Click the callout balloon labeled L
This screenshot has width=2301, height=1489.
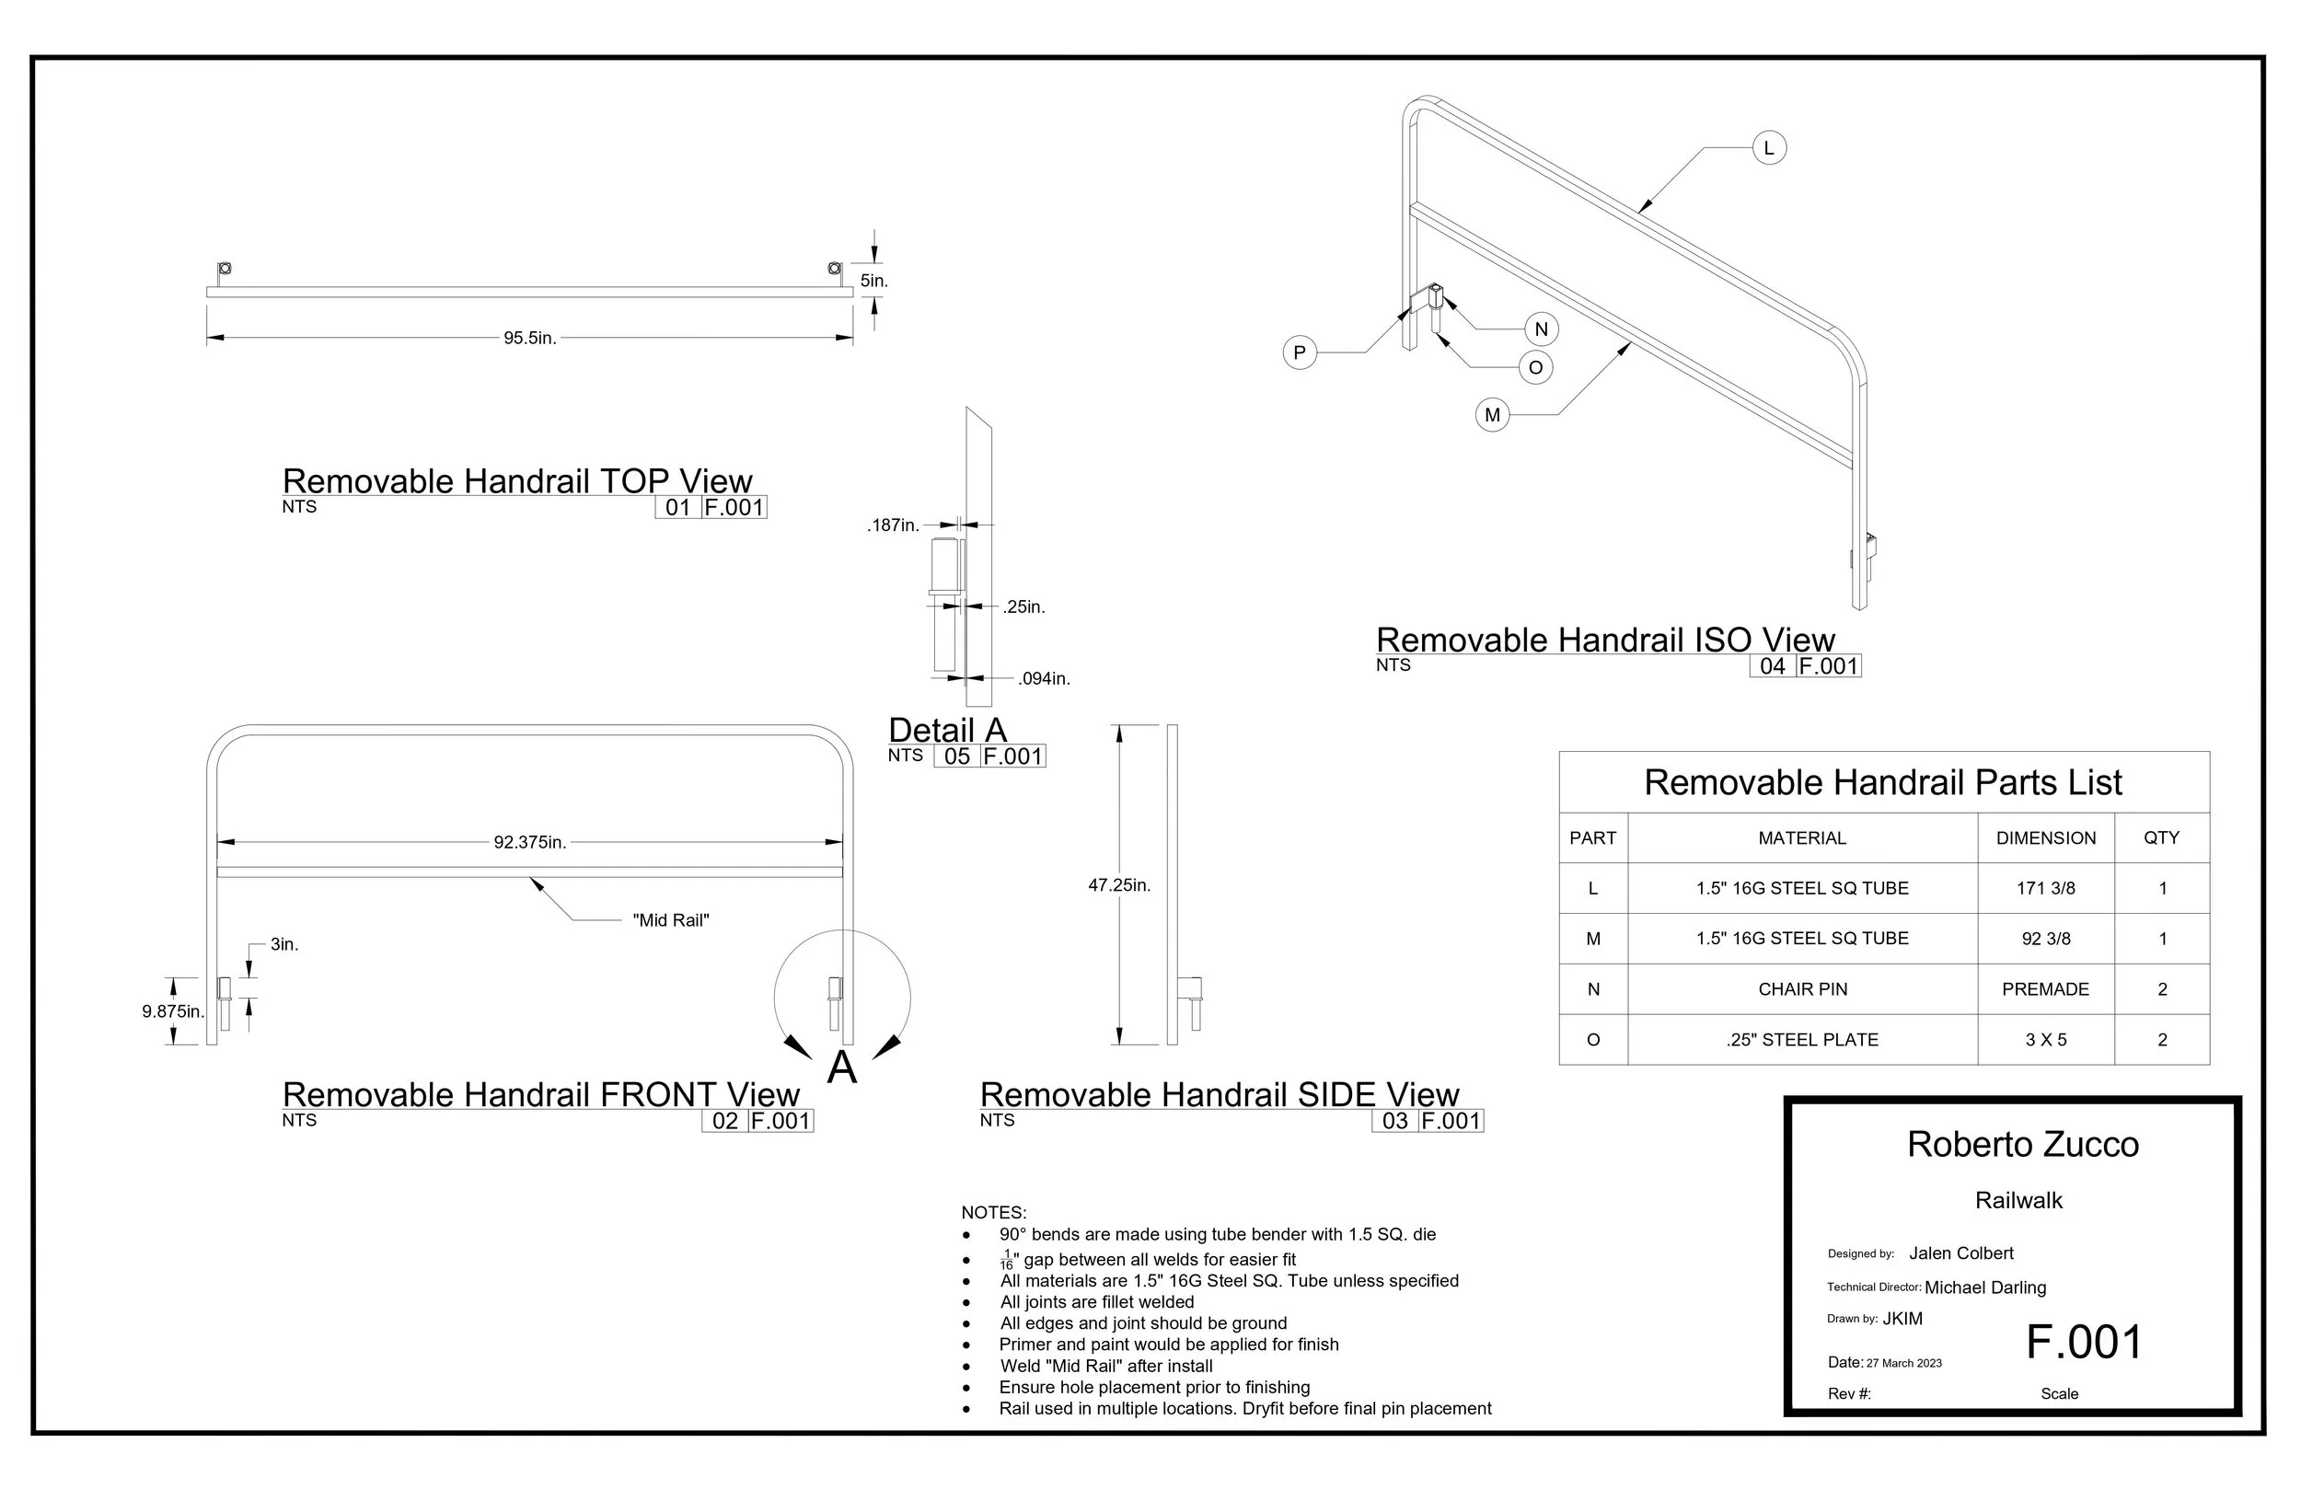[x=1769, y=148]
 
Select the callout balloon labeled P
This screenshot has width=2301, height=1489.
[x=1300, y=352]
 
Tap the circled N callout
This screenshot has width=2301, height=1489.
[x=1541, y=329]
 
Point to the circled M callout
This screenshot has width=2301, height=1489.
[x=1493, y=415]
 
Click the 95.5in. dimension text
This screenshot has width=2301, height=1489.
[x=530, y=339]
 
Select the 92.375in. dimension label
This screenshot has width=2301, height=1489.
[x=530, y=842]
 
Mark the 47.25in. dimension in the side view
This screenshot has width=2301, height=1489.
[x=1119, y=884]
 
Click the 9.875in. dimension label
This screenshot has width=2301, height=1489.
[x=173, y=1011]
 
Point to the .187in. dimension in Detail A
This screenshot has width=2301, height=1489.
[x=894, y=525]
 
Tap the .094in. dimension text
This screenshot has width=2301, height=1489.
[x=1044, y=679]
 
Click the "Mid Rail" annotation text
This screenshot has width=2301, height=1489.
[x=671, y=920]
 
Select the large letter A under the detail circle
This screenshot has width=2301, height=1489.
[x=842, y=1068]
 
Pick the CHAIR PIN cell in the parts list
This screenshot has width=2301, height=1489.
[x=1802, y=989]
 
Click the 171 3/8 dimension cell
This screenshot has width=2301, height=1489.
[x=2046, y=889]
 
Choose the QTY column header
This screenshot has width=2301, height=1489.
[x=2162, y=838]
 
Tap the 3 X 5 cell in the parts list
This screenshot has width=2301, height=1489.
[x=2046, y=1039]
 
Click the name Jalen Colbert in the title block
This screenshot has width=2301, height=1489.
[x=1961, y=1253]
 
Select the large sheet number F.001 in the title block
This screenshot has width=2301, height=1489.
[x=2085, y=1342]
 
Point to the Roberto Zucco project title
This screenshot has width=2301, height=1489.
[x=2024, y=1145]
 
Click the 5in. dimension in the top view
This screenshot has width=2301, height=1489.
[x=874, y=282]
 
